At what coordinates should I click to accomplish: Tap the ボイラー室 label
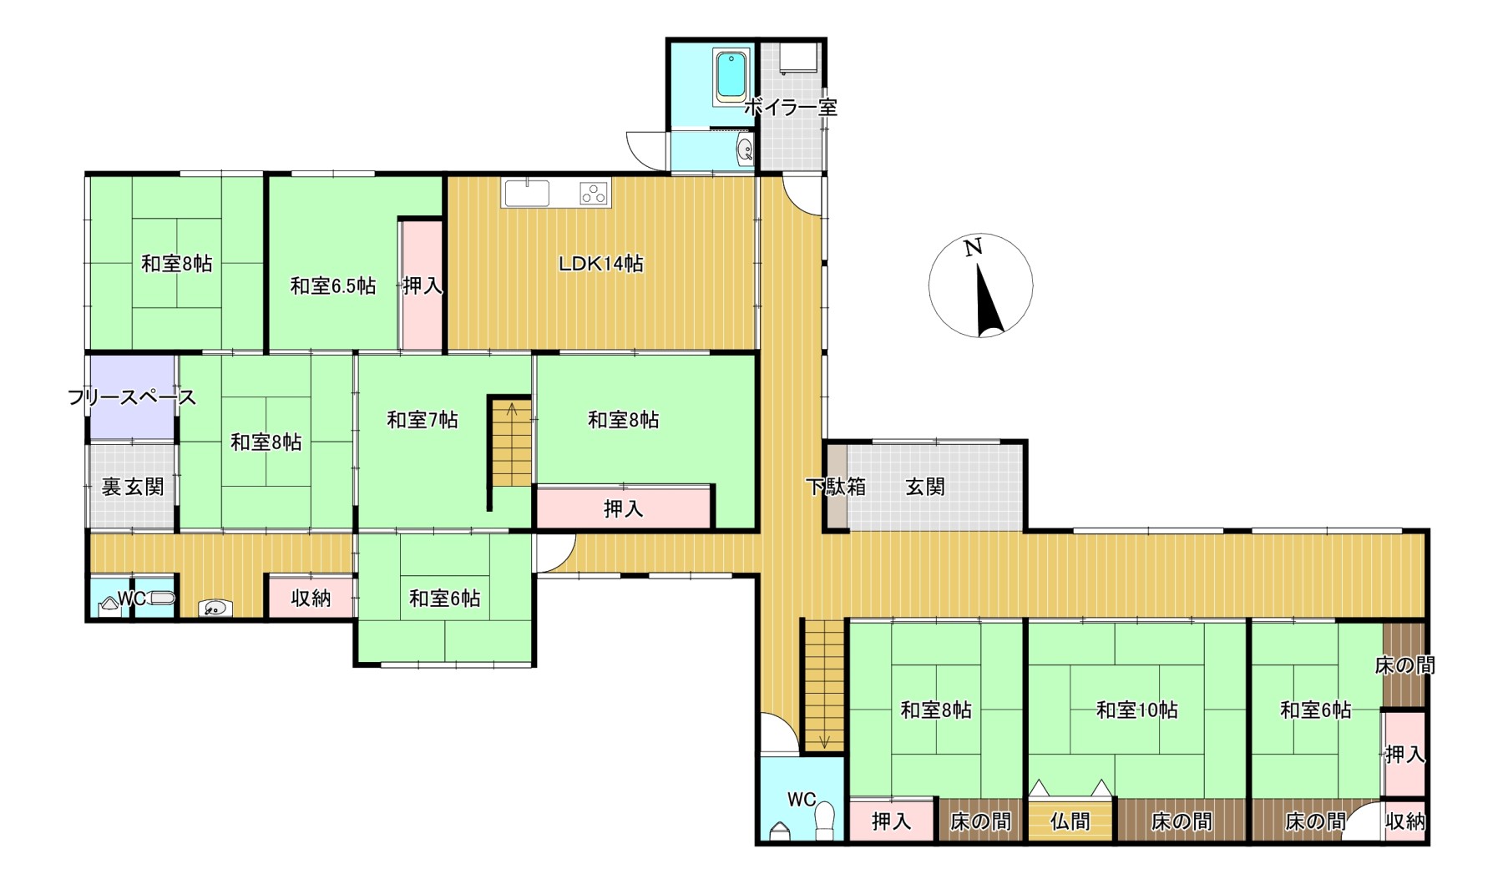790,107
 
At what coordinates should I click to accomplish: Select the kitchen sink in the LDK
526,193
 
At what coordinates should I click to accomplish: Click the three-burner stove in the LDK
595,194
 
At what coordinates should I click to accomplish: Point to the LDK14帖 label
601,264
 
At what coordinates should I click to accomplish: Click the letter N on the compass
972,248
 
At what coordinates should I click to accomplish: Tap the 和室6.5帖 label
332,286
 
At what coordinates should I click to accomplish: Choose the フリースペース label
132,397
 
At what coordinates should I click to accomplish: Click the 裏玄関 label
132,487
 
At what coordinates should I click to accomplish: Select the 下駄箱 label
835,487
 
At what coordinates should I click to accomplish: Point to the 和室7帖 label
423,419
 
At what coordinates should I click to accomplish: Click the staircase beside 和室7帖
511,442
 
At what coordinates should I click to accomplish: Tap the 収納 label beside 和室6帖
311,598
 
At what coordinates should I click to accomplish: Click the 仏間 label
1070,821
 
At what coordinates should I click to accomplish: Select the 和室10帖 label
1137,710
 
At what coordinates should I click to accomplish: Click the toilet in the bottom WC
825,821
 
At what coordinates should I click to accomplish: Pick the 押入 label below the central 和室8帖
623,508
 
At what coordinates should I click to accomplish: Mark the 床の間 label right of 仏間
1182,821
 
